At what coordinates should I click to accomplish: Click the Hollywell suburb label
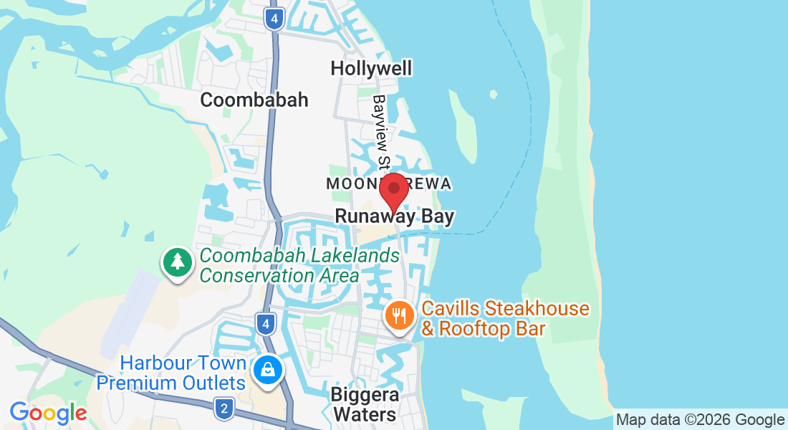[x=371, y=68]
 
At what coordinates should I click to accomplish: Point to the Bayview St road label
[x=380, y=132]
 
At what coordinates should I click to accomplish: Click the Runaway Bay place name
[x=394, y=216]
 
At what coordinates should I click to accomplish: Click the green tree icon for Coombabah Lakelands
[x=178, y=262]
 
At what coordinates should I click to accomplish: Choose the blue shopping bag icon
[x=268, y=370]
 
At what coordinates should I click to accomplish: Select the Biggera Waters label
[x=365, y=404]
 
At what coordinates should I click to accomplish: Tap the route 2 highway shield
[x=224, y=409]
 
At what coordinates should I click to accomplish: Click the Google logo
[x=48, y=414]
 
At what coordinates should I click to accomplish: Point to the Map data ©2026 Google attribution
[x=700, y=420]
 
